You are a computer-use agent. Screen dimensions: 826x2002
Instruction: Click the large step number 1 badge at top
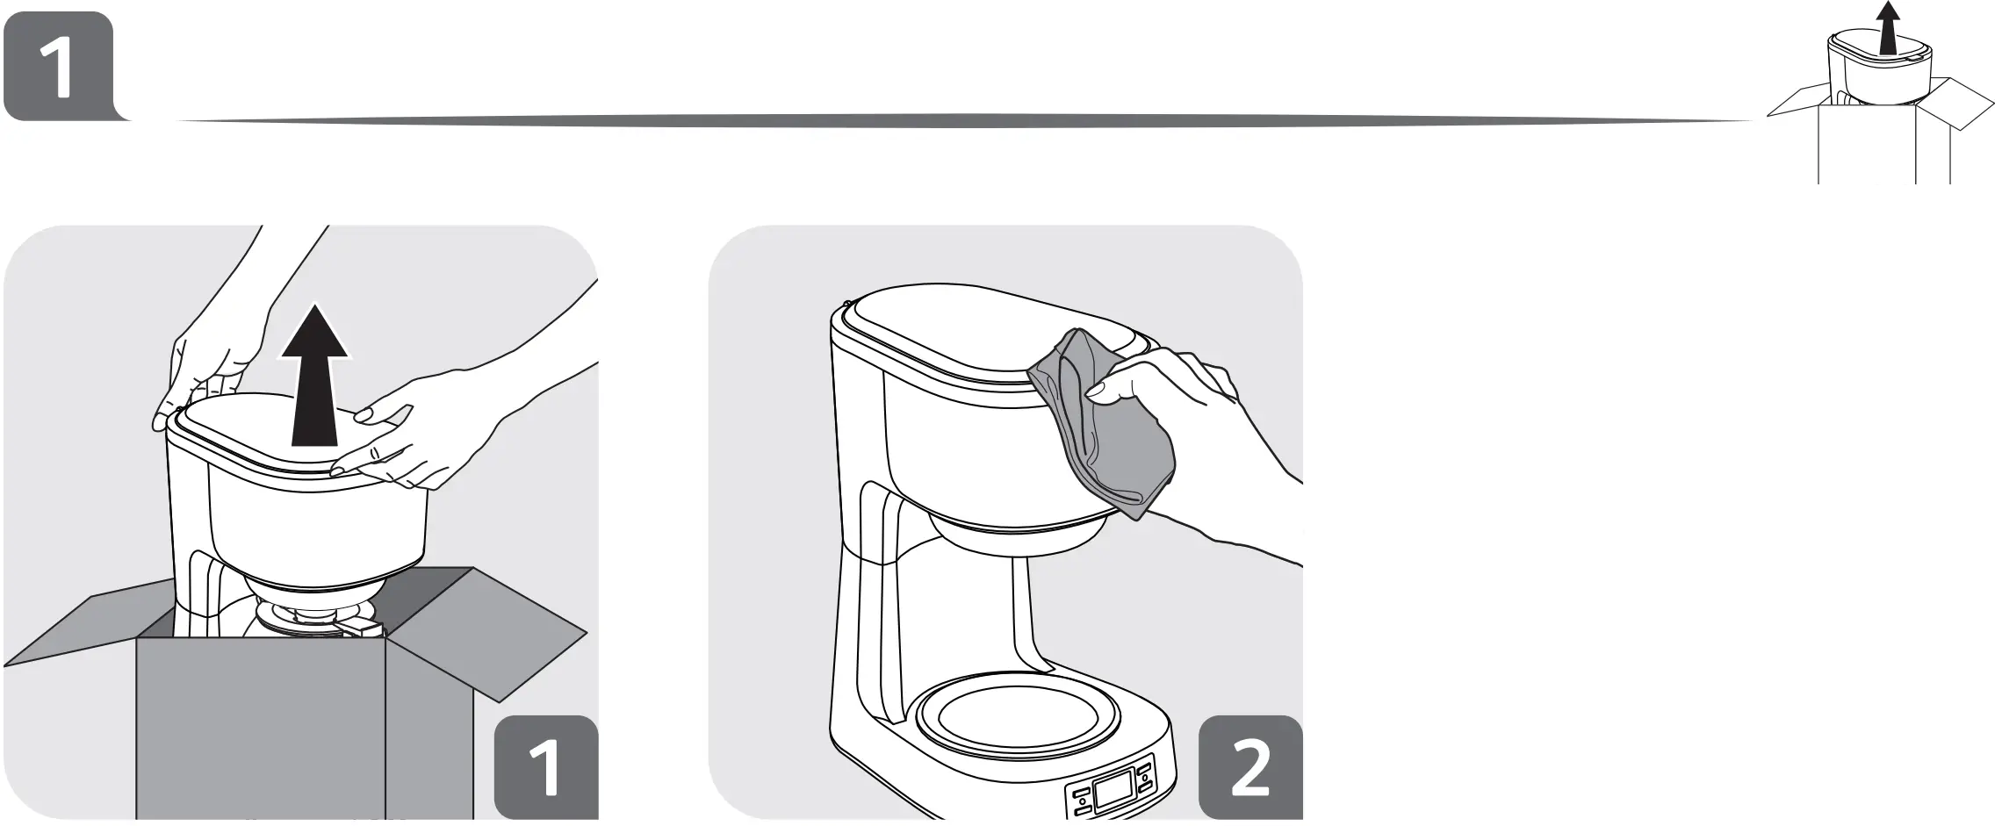coord(58,66)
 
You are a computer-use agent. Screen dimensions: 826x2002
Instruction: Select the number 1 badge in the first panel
coord(545,767)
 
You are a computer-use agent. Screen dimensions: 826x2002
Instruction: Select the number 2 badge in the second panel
coord(1249,767)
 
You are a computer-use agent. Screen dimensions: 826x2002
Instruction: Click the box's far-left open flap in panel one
coord(79,632)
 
